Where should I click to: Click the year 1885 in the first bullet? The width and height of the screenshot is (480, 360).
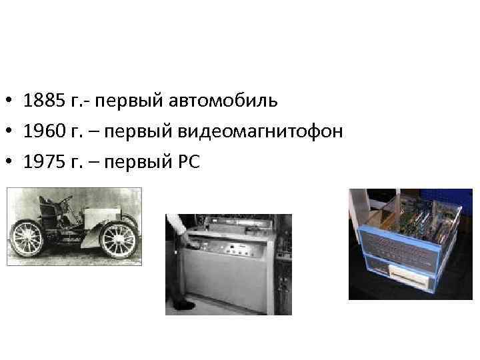coord(43,101)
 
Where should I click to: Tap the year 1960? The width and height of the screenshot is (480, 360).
coord(43,131)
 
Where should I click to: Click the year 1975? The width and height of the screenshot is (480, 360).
coord(43,161)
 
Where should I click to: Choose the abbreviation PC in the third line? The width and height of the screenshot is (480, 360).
coord(189,161)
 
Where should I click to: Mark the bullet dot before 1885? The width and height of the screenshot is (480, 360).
coord(10,102)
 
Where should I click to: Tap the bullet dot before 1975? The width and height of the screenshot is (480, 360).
coord(10,162)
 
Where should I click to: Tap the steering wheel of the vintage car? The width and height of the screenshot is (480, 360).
coord(67,199)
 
